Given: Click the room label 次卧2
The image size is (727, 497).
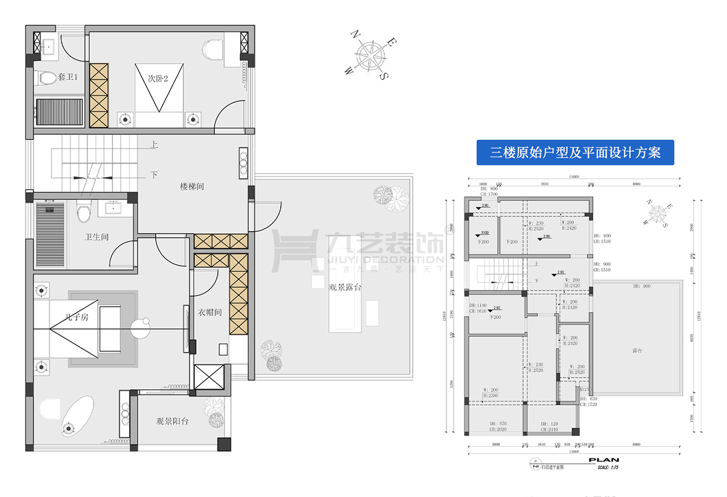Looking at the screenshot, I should [x=158, y=79].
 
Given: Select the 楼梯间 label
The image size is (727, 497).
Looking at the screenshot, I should [x=192, y=186].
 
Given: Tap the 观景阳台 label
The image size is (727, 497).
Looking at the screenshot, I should [x=173, y=422].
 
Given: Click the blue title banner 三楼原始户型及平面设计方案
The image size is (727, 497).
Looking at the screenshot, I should [x=575, y=153].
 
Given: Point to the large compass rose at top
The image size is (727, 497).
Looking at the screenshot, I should [x=370, y=54].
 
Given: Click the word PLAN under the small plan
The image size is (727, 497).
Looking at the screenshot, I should [x=603, y=460].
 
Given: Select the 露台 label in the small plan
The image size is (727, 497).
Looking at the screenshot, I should [x=637, y=351].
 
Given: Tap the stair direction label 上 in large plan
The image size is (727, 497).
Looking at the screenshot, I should [x=154, y=145].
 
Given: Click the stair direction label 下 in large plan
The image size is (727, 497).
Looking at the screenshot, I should [x=154, y=175].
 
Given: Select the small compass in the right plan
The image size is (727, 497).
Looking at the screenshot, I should [x=658, y=214].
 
